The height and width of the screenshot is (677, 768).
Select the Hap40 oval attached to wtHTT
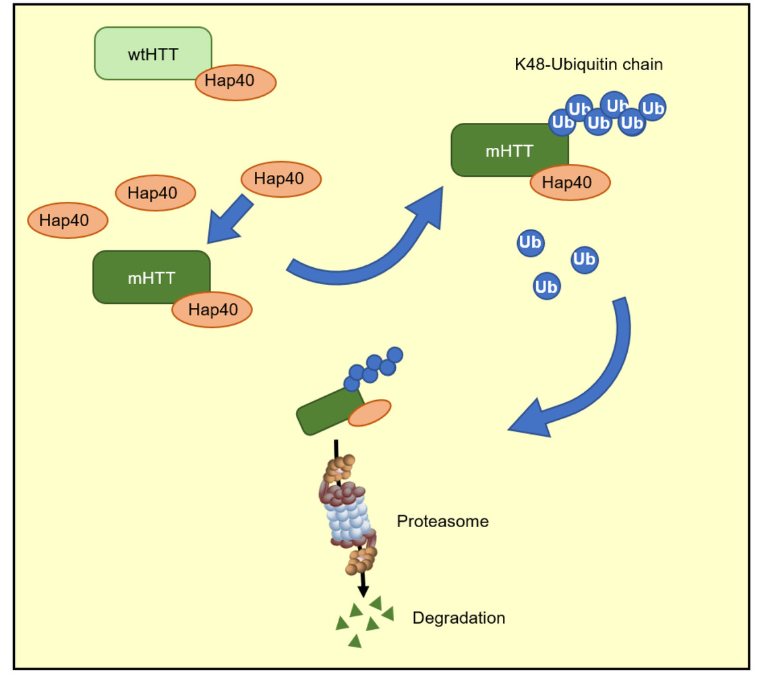pos(235,83)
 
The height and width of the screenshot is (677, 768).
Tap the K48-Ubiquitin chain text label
pos(588,65)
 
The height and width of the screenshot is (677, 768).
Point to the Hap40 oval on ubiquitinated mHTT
pos(570,182)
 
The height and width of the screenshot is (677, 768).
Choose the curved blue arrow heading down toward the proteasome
pos(593,378)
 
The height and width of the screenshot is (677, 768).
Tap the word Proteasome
pos(442,522)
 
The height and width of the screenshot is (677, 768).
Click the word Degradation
pos(459,618)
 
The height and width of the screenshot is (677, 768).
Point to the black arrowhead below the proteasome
pos(363,591)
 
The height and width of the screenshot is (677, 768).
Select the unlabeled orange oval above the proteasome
pos(370,412)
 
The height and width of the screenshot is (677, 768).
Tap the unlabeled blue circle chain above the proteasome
pos(374,367)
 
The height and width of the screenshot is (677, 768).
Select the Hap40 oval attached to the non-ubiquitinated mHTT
pos(212,310)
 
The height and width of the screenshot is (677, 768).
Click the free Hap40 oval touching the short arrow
pos(280,180)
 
